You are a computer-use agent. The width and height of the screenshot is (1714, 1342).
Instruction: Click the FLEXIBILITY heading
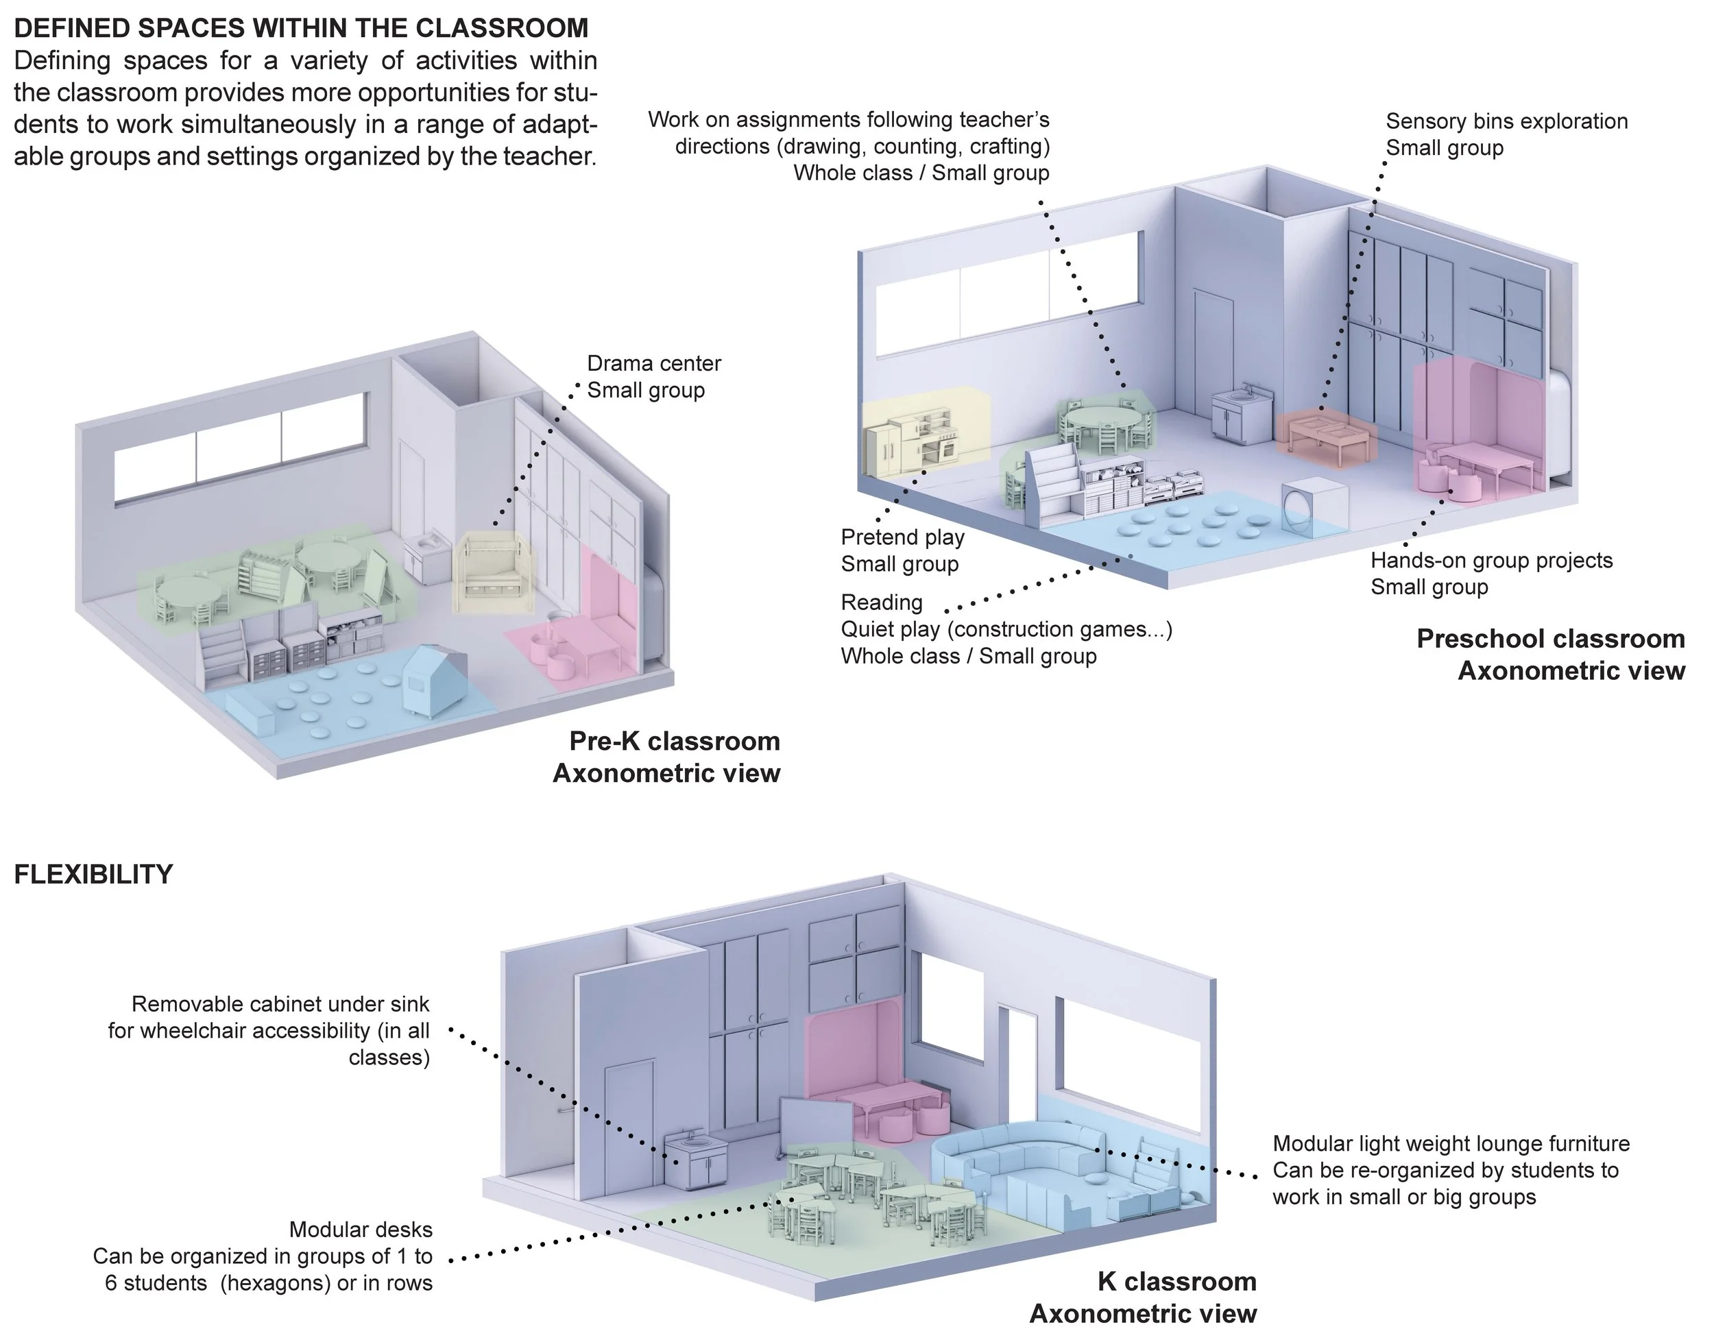point(93,875)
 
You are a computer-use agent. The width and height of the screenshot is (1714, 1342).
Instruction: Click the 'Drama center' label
point(653,364)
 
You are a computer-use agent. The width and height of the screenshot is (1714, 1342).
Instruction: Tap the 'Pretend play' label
point(902,537)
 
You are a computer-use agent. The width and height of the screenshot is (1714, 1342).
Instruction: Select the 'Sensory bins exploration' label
point(1506,122)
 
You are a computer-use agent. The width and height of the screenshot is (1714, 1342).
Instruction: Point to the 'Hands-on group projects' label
point(1490,561)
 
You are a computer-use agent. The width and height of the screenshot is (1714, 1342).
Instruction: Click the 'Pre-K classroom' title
point(673,742)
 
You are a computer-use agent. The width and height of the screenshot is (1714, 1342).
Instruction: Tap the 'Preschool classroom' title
point(1549,639)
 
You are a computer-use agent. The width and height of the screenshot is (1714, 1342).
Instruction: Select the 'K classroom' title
point(1176,1282)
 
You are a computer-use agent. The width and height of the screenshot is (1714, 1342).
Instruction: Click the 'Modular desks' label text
point(361,1230)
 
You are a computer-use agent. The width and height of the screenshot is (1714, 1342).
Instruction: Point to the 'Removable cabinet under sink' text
point(280,1004)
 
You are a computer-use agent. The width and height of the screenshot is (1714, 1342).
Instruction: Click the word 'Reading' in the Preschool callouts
point(881,602)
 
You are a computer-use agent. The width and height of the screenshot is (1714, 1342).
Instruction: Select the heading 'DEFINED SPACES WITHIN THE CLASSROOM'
point(301,28)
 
